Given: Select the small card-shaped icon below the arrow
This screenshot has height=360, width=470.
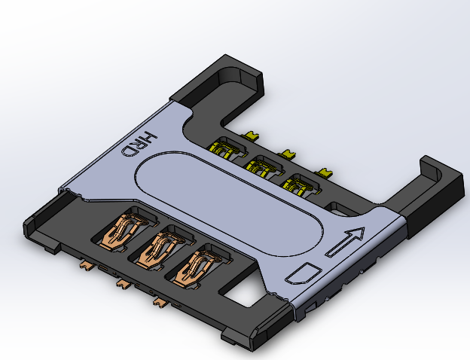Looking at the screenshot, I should [304, 271].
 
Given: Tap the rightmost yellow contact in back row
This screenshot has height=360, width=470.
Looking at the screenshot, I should [298, 183].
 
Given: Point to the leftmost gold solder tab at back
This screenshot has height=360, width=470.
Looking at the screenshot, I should [251, 136].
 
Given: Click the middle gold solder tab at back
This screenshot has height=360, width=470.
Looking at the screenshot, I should [286, 154].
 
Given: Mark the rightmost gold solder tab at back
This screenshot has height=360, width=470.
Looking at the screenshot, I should [324, 172].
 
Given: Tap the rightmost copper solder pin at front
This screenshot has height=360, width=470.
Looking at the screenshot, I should [159, 302].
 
